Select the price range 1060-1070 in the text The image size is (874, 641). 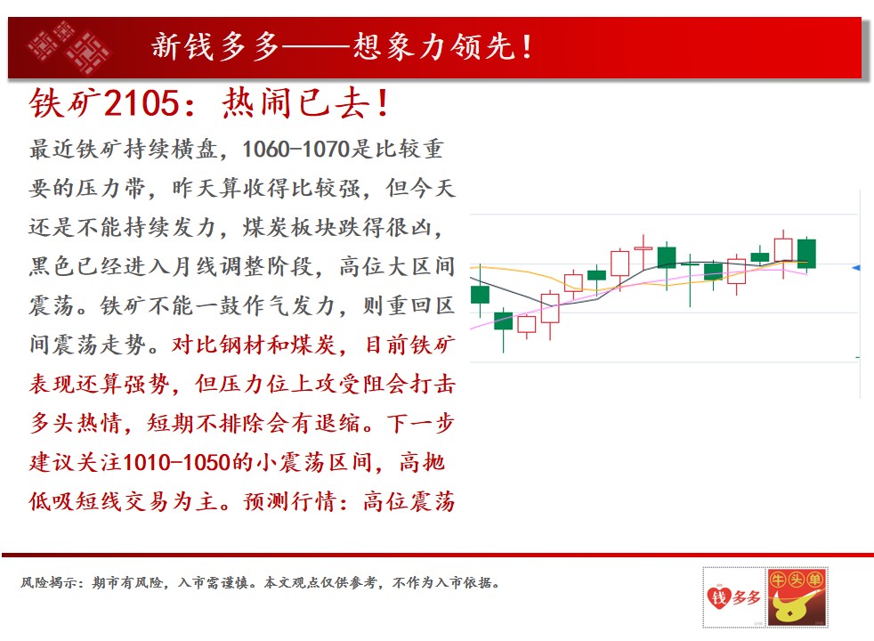[295, 149]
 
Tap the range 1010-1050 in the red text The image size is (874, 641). [177, 462]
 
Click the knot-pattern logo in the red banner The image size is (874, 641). [69, 47]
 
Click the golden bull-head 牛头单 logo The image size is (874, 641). [797, 597]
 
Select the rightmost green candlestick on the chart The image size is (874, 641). [806, 254]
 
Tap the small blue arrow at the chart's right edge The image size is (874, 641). [856, 268]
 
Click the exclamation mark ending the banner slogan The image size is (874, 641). [527, 47]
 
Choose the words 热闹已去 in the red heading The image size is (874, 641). [296, 103]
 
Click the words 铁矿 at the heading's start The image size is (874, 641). [65, 103]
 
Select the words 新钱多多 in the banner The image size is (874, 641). [215, 46]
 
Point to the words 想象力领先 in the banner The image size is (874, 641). [433, 46]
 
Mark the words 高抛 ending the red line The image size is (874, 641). [422, 463]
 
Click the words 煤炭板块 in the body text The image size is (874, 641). [290, 227]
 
